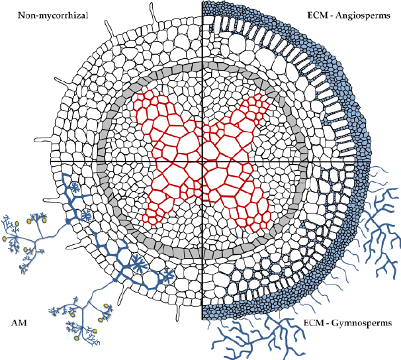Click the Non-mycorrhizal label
(53, 16)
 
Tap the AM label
(19, 323)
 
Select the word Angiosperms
(363, 16)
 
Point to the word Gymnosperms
(361, 323)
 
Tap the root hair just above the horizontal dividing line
(44, 140)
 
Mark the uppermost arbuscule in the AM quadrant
(75, 188)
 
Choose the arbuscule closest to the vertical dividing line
(168, 276)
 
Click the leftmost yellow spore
(5, 239)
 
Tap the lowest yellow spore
(76, 338)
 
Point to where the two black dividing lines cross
(202, 161)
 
